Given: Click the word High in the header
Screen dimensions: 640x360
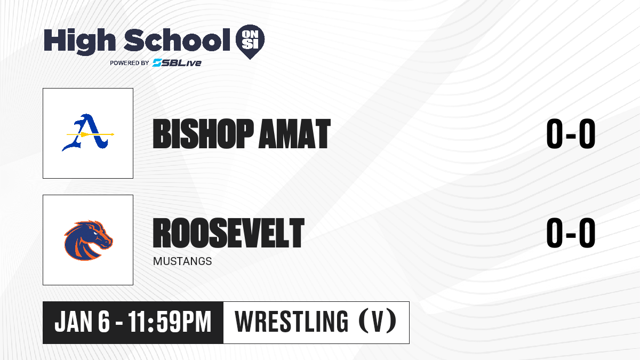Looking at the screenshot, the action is [x=79, y=41].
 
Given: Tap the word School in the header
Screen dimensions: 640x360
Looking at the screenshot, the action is [x=177, y=39].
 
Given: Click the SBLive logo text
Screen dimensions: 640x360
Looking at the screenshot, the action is [x=177, y=63].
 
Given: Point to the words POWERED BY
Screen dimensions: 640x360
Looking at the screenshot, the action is [x=130, y=63].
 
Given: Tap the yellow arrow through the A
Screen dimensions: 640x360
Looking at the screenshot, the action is [x=90, y=134].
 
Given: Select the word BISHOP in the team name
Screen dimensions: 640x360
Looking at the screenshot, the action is [x=203, y=134].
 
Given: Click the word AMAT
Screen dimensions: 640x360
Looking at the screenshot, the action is [x=294, y=134].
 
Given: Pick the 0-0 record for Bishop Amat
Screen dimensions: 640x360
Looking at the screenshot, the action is [x=571, y=134].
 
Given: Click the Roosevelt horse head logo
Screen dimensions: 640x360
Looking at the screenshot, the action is [x=89, y=240].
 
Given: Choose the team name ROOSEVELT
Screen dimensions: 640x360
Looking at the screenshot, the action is [x=229, y=233].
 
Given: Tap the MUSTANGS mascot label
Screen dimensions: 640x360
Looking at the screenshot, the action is [x=182, y=261].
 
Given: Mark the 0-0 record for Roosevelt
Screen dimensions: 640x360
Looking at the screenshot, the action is [x=571, y=233].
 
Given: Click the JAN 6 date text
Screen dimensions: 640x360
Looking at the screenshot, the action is [x=82, y=322].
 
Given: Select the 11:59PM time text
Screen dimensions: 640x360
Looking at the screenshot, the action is [x=170, y=322].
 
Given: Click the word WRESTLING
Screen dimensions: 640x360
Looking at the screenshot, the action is [x=291, y=322].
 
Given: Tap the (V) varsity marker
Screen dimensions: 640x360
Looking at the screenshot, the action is [x=378, y=322].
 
